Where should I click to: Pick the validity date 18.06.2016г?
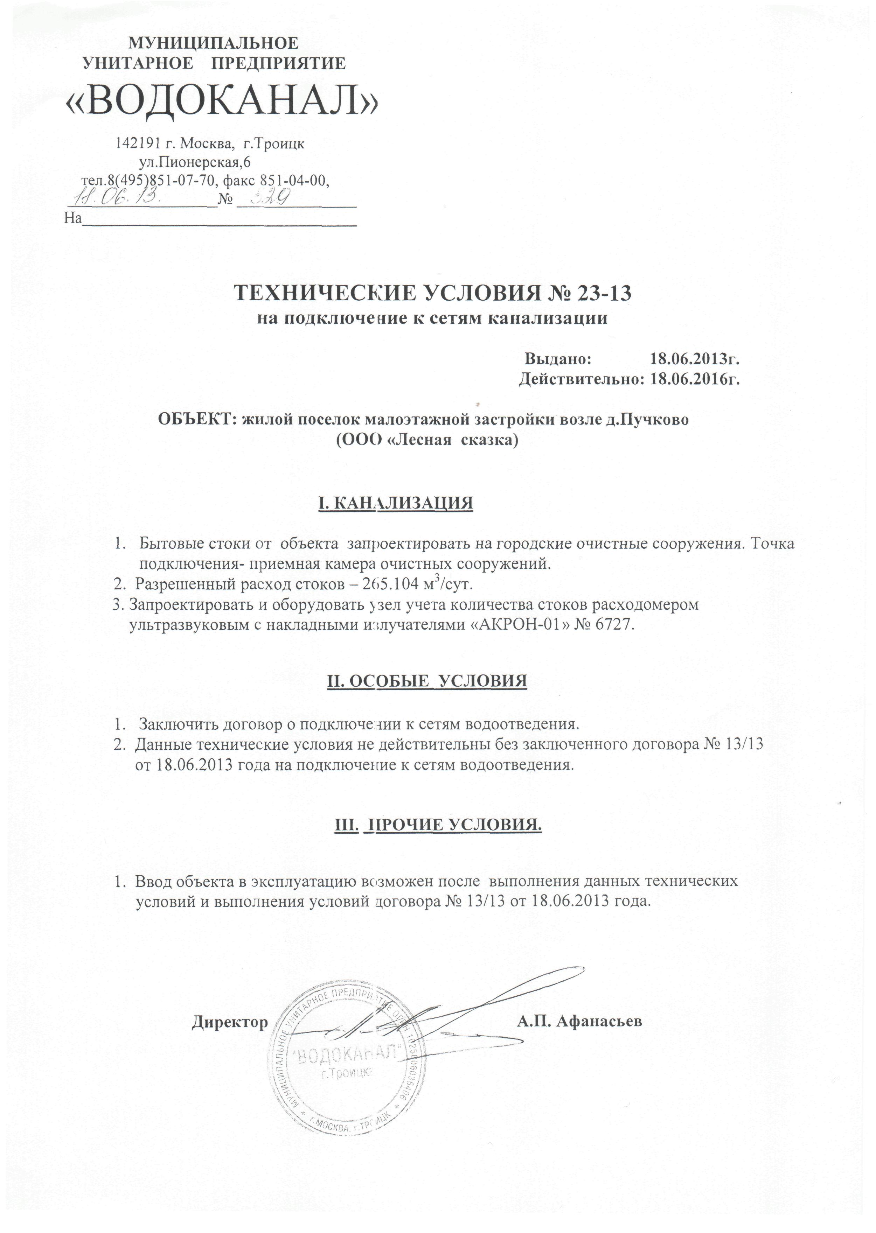tap(694, 379)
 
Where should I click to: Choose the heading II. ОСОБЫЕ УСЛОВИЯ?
tap(427, 681)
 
